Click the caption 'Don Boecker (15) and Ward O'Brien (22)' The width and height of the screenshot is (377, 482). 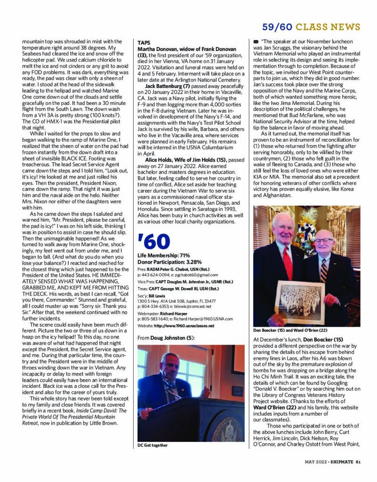click(290, 330)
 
